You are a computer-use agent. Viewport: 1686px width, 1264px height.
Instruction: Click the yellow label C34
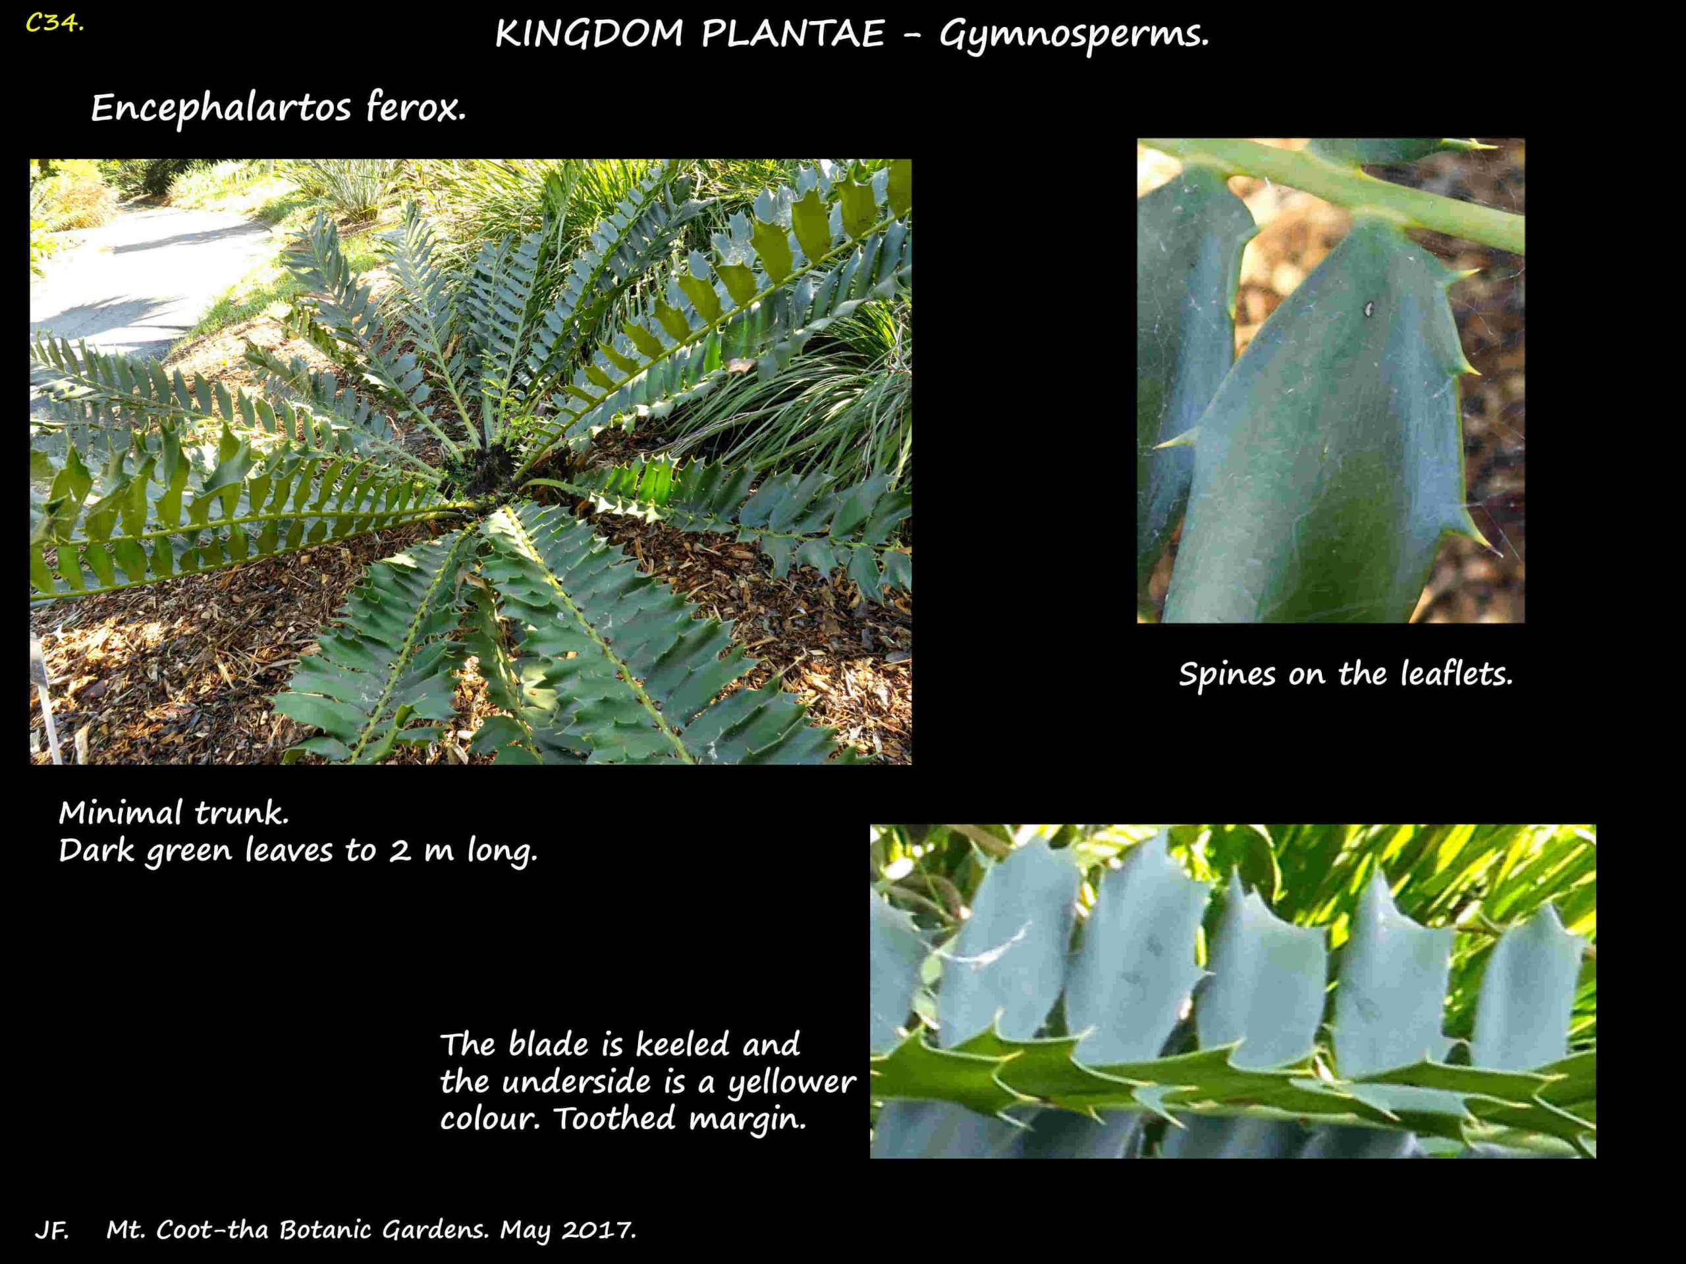(x=54, y=23)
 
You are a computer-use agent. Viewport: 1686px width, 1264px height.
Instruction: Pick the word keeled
(x=682, y=1044)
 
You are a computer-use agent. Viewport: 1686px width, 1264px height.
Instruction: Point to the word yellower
(x=791, y=1084)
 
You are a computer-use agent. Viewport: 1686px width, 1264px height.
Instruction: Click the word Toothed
(x=614, y=1119)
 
